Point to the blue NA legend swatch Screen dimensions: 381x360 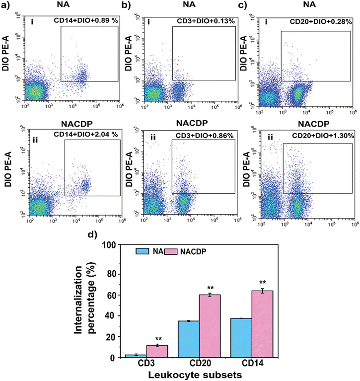click(x=144, y=252)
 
